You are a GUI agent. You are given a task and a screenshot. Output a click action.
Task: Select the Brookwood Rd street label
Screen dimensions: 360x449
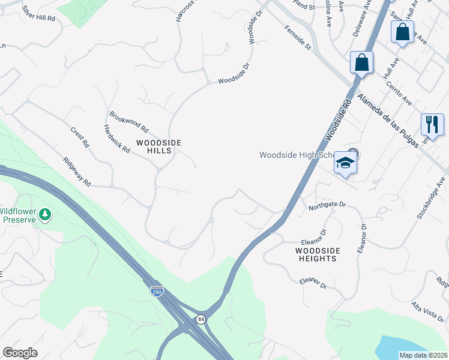(128, 121)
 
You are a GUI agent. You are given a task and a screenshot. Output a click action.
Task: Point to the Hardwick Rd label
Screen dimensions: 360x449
(116, 139)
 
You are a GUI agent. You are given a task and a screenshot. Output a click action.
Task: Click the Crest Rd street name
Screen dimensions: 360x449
(79, 137)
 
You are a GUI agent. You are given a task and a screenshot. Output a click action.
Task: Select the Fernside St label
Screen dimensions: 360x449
(298, 38)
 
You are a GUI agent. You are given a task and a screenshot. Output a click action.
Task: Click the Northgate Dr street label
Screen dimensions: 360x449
(328, 205)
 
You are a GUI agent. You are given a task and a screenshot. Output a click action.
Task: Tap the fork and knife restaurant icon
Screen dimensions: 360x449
(432, 124)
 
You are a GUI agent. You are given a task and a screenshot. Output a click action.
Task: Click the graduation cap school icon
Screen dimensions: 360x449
(345, 163)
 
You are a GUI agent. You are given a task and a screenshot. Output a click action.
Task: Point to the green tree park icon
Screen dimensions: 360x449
(45, 214)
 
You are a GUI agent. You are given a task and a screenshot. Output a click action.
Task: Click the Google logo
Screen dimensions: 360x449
(20, 353)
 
